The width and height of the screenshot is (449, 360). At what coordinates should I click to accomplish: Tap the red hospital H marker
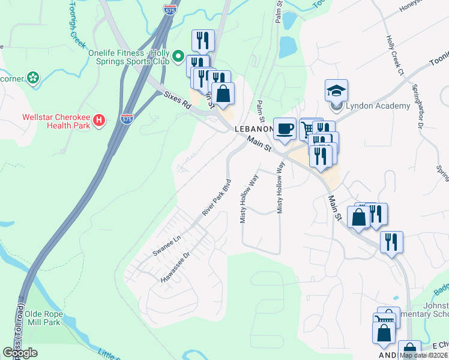(x=100, y=122)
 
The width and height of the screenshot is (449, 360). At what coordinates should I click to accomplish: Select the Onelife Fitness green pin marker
(x=178, y=57)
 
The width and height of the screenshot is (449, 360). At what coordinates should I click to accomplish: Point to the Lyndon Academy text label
(x=378, y=106)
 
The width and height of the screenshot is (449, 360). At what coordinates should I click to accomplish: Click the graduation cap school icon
(x=337, y=91)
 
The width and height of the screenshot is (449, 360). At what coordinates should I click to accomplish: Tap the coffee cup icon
(x=285, y=128)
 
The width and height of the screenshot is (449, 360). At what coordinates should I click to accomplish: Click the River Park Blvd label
(x=217, y=197)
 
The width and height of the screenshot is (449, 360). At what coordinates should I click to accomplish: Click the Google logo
(x=20, y=353)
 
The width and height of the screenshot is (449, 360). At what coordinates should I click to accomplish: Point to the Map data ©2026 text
(x=423, y=355)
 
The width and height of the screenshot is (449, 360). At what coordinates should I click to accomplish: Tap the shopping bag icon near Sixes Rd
(x=223, y=94)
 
